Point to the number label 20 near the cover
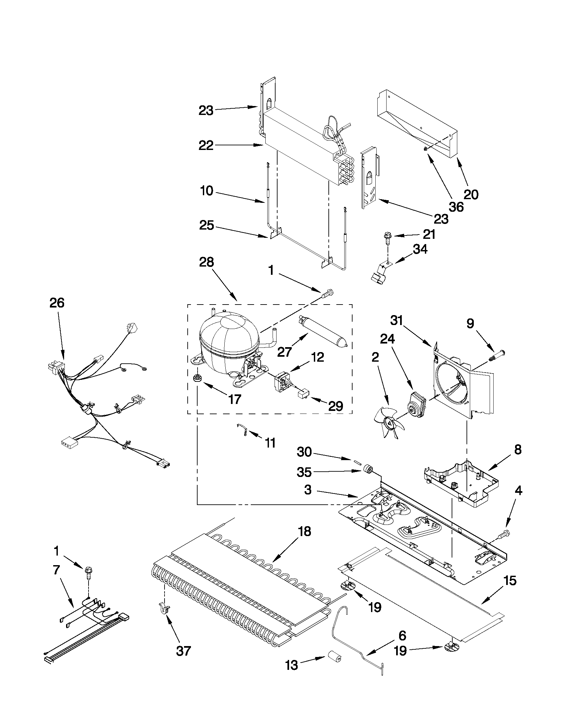471,194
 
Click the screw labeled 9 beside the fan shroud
497,354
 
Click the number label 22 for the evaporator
206,145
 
